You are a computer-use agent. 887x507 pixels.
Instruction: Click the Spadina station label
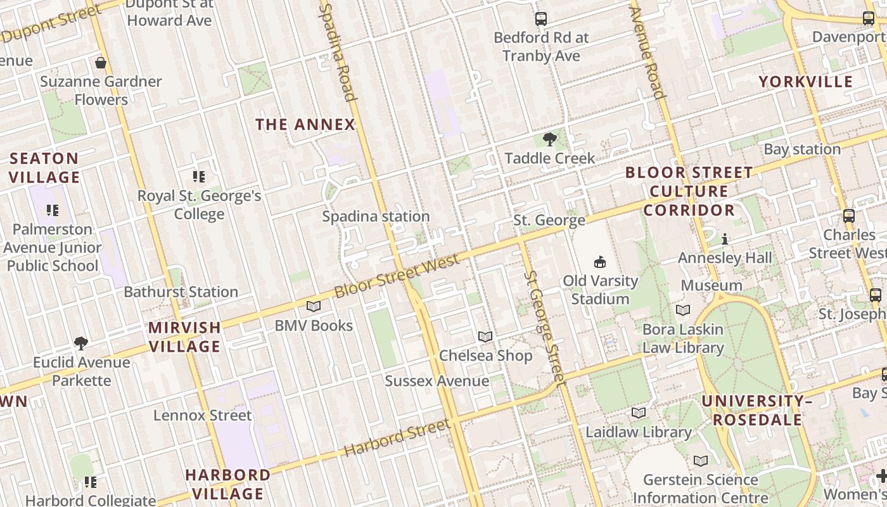[x=376, y=217]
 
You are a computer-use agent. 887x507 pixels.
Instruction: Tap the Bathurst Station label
[x=181, y=292]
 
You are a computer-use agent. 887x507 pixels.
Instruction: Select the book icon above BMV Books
[x=314, y=307]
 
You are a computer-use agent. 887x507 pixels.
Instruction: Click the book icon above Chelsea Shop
[x=485, y=337]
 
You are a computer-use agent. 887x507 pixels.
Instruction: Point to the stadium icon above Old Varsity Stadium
[x=599, y=262]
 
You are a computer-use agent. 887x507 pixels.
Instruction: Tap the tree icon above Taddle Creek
[x=549, y=139]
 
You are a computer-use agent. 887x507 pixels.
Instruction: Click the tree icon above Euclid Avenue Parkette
[x=80, y=343]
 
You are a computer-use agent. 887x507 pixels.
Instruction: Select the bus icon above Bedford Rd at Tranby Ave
[x=540, y=19]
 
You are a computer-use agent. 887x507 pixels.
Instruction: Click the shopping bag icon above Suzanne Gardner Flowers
[x=100, y=63]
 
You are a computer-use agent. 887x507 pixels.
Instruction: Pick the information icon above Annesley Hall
[x=725, y=240]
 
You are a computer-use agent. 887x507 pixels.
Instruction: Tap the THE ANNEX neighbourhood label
[x=305, y=125]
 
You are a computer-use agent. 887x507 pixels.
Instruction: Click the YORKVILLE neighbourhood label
[x=806, y=82]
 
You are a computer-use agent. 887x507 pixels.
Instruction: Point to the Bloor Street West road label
[x=397, y=276]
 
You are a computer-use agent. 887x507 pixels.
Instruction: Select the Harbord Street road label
[x=397, y=437]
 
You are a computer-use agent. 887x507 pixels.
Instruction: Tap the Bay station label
[x=802, y=150]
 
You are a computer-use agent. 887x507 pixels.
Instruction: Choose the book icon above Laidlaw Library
[x=639, y=413]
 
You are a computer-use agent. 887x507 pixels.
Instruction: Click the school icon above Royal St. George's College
[x=199, y=177]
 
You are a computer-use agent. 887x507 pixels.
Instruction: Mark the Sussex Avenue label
[x=437, y=381]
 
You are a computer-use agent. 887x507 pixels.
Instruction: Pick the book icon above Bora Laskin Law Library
[x=682, y=311]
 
